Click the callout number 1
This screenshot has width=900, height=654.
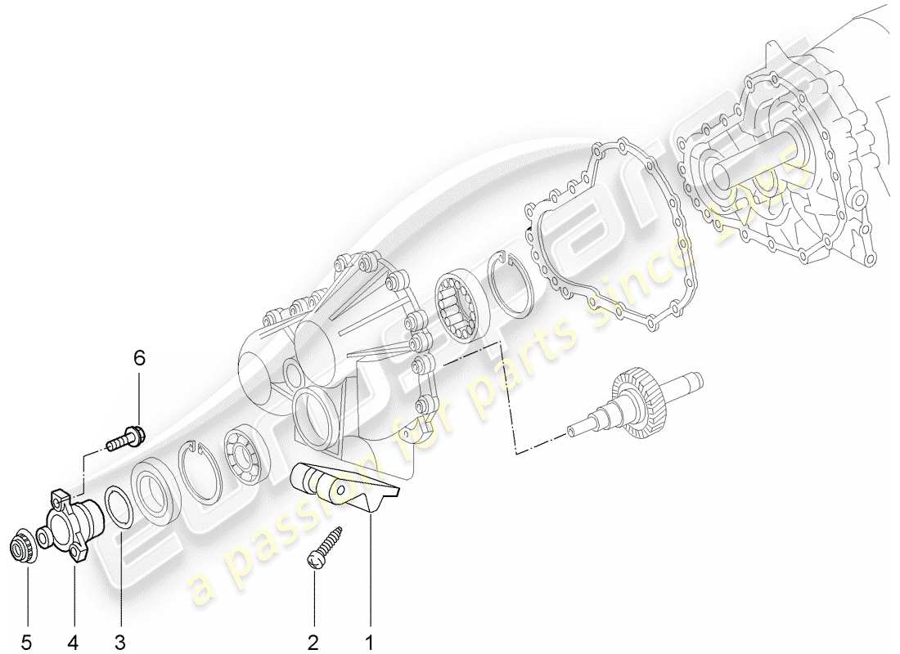[x=369, y=642]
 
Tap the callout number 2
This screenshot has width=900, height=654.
[x=313, y=642]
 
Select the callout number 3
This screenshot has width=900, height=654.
[x=121, y=642]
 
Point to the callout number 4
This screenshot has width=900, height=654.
[x=74, y=642]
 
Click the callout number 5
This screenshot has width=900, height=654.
[x=26, y=642]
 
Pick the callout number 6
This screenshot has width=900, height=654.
[x=139, y=357]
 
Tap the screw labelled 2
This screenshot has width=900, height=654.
[x=325, y=545]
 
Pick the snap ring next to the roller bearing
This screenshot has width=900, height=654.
[x=513, y=284]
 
